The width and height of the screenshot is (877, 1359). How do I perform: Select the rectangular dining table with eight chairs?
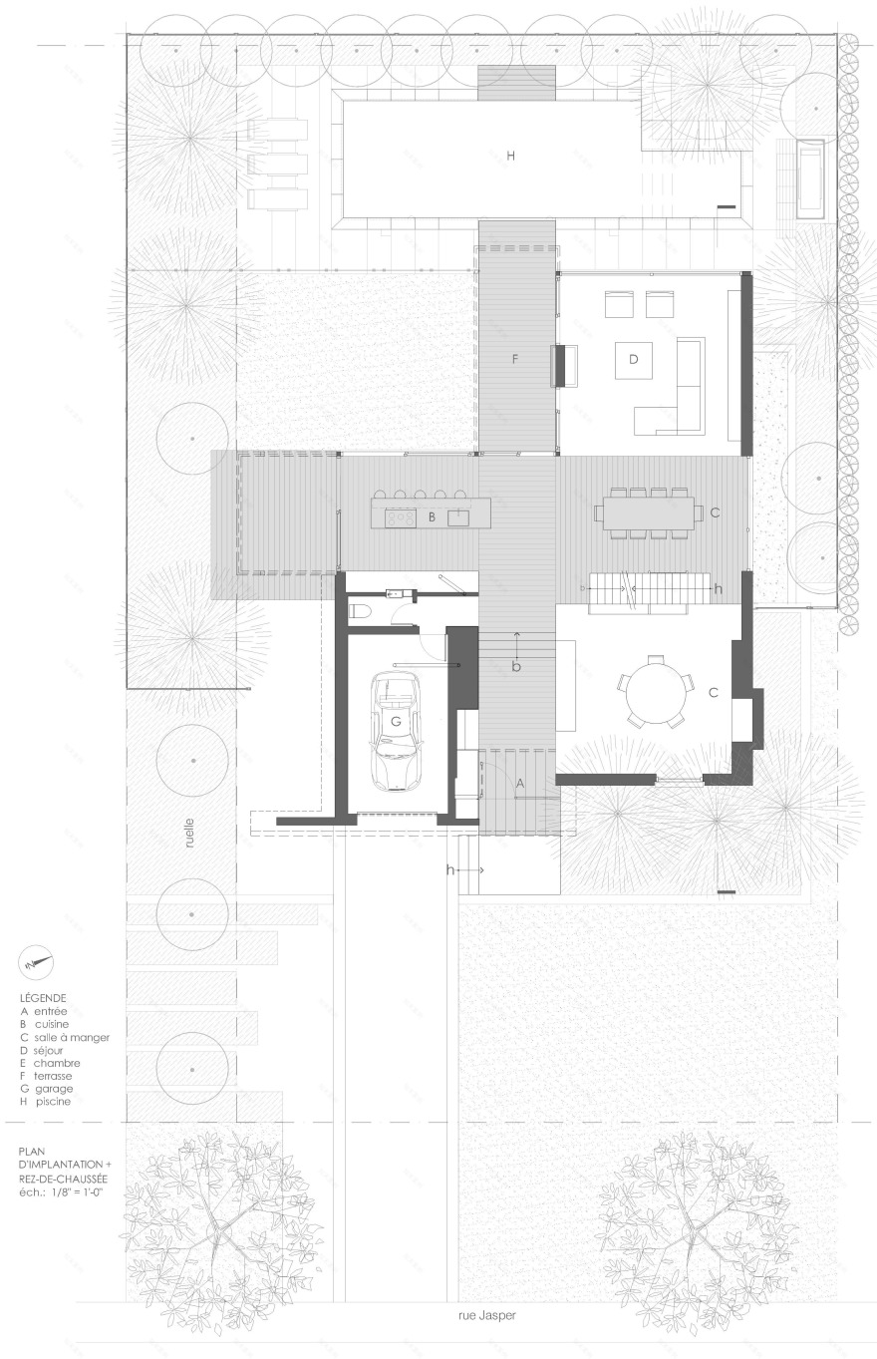[648, 512]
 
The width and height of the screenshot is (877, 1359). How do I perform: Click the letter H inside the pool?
[510, 156]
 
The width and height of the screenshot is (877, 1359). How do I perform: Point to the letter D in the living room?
[633, 359]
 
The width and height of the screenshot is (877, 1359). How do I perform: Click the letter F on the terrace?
[515, 359]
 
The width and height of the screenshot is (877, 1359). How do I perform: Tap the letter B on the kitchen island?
[432, 517]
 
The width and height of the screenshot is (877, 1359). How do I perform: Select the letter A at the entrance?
[519, 784]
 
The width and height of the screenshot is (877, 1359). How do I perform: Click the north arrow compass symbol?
[38, 963]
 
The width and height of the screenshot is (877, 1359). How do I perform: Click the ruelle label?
[189, 833]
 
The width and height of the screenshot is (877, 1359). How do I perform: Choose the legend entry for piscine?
[46, 1101]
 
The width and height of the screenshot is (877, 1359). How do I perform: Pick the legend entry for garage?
[46, 1089]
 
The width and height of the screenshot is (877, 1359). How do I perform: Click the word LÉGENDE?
[43, 998]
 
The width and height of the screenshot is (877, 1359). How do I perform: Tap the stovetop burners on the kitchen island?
[401, 517]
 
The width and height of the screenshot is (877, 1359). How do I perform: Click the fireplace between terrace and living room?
[564, 365]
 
